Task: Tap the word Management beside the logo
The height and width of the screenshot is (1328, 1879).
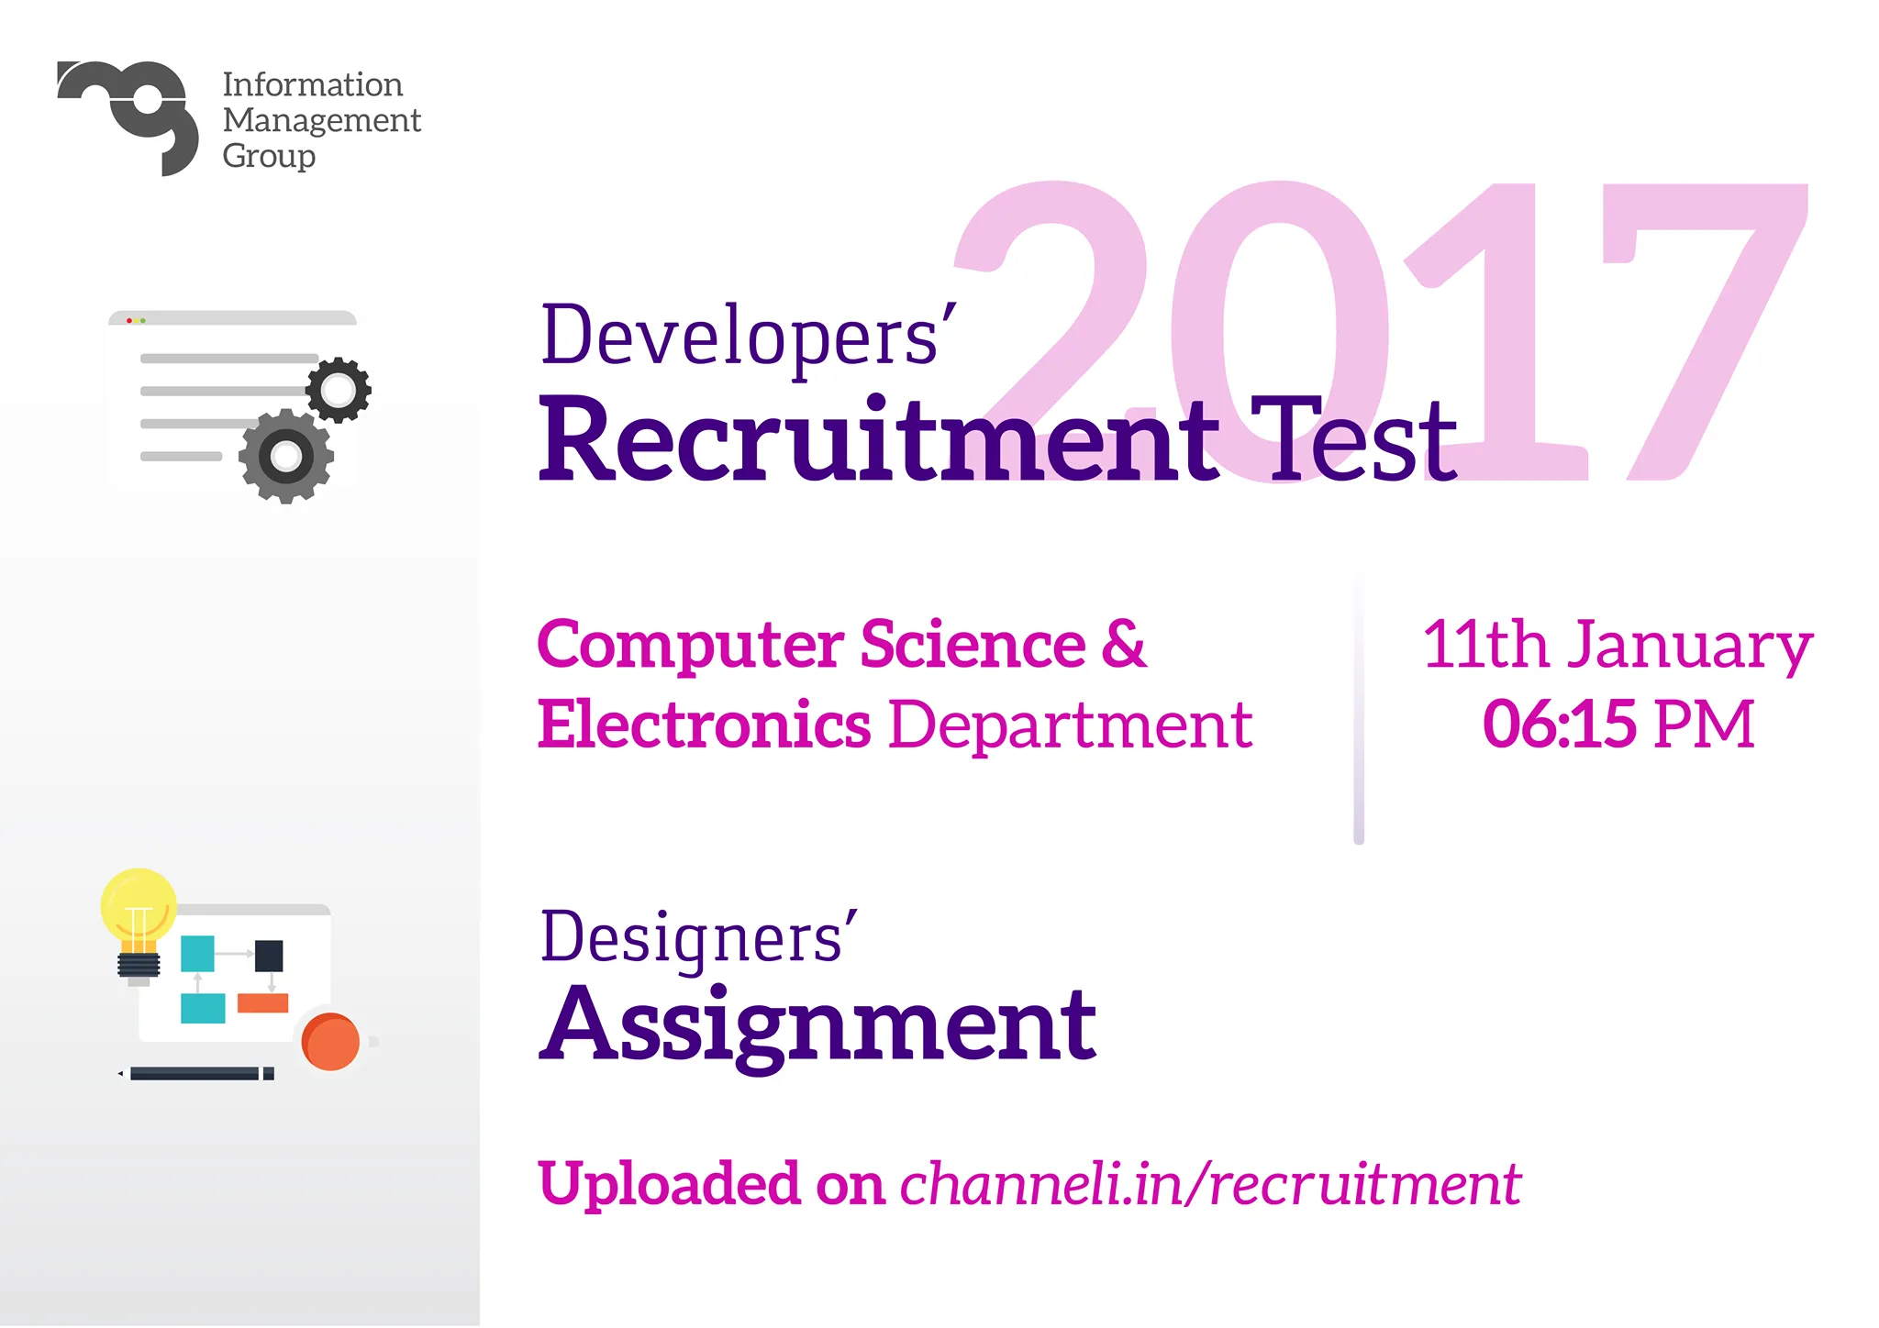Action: pos(321,121)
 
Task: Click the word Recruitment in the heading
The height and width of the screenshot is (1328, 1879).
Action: pos(879,439)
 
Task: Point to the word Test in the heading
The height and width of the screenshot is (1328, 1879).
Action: pos(1354,439)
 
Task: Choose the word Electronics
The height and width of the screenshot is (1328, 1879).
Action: pos(704,725)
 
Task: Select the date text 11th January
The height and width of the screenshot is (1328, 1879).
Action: pos(1618,647)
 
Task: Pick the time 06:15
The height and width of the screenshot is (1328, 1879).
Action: pos(1559,725)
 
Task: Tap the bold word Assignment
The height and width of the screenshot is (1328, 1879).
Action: pos(817,1026)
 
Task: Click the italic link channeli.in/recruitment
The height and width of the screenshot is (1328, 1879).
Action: pos(1211,1185)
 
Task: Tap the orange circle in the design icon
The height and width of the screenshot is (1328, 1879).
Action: pos(330,1042)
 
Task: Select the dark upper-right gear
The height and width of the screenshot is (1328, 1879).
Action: pos(339,390)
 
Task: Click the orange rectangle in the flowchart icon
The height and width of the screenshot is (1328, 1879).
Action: pos(263,1003)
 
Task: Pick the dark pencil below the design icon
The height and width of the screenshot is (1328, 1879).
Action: pos(196,1074)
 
